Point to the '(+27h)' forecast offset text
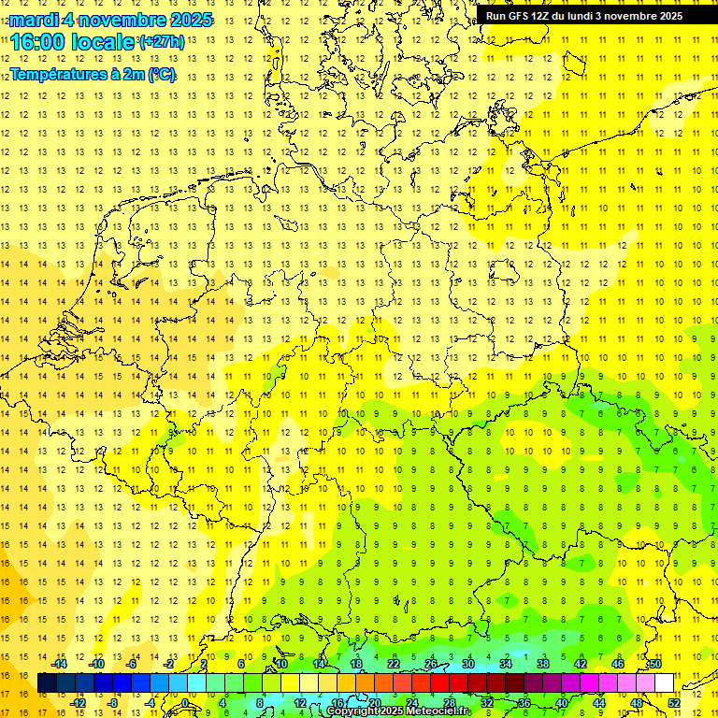(161, 42)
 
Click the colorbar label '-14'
(61, 664)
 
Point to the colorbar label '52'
(674, 703)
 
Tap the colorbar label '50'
(655, 664)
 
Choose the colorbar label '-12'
(79, 703)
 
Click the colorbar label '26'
(431, 664)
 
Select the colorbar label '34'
(506, 664)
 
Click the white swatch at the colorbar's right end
(664, 683)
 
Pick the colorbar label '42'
(581, 664)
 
